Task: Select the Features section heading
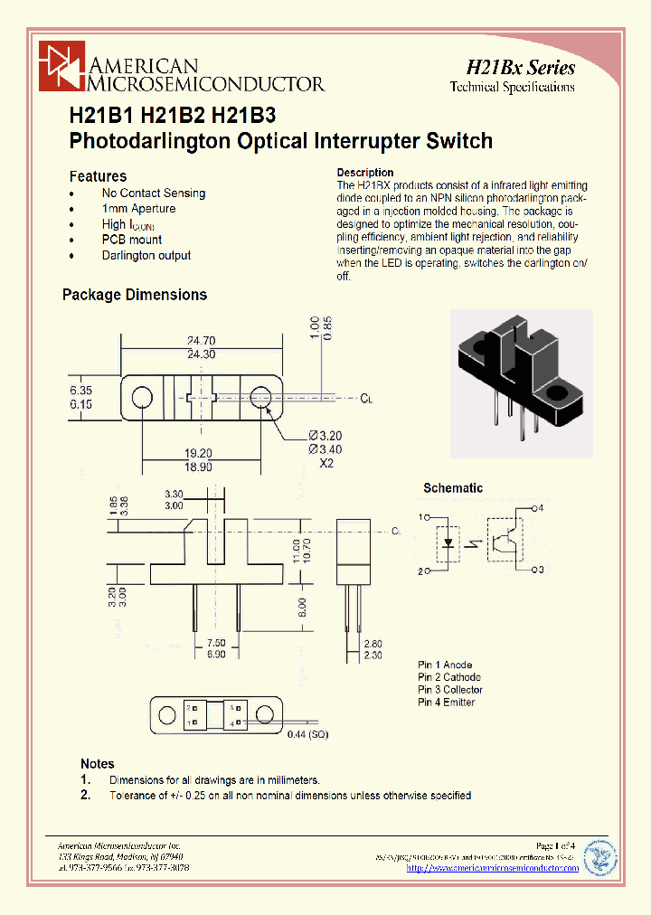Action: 98,176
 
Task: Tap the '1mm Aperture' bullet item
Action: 138,209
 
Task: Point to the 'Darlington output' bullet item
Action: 146,256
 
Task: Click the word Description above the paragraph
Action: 365,172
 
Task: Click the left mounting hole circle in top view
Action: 141,398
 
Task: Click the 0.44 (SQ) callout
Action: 308,734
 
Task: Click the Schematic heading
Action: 453,488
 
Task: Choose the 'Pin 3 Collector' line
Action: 450,690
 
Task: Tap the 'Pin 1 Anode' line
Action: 445,665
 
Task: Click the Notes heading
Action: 98,764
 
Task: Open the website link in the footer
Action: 493,868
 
